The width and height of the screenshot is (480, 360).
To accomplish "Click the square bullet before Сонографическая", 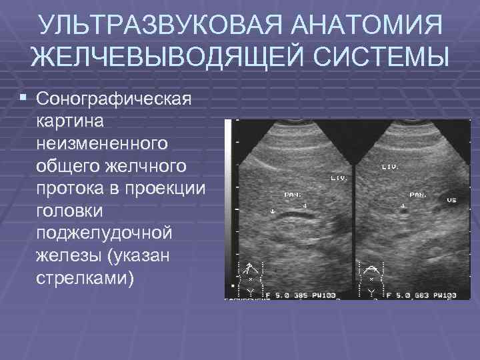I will (x=24, y=98).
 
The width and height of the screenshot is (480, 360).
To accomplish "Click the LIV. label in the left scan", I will (x=338, y=179).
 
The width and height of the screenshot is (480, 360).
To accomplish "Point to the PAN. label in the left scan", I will (x=292, y=194).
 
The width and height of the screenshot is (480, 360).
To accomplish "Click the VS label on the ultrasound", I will (x=451, y=199).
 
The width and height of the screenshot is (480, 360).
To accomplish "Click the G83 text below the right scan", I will (x=419, y=294).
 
